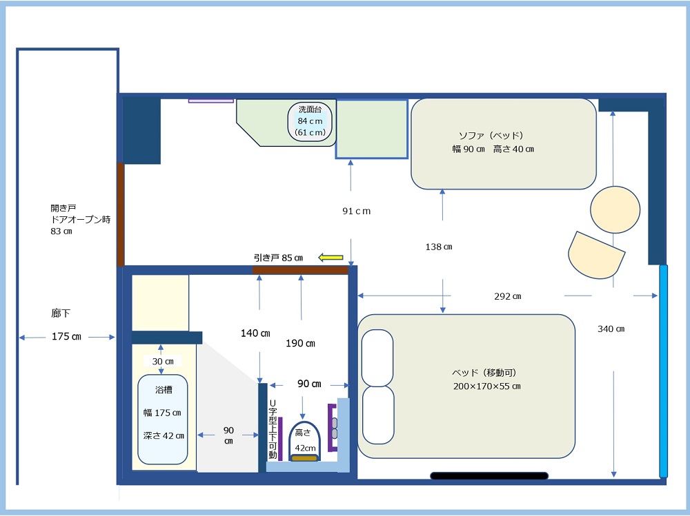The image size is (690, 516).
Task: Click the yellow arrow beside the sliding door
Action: [331, 257]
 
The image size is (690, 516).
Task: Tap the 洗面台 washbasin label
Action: [310, 109]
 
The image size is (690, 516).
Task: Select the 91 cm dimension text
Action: [357, 211]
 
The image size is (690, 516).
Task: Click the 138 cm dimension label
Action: [439, 247]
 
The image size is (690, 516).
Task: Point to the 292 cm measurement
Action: [507, 296]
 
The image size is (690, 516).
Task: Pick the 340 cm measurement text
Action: [611, 329]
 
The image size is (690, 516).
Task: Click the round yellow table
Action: [615, 209]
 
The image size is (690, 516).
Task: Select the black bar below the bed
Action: [489, 475]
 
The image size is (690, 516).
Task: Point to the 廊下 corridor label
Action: [61, 313]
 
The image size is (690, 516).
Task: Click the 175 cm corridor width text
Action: [66, 336]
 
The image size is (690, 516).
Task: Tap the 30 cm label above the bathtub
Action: [163, 361]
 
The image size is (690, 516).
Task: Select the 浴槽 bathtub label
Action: [164, 389]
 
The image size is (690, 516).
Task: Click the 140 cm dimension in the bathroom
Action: [255, 333]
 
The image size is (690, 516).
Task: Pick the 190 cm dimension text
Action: [300, 343]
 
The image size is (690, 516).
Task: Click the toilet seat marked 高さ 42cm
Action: [304, 442]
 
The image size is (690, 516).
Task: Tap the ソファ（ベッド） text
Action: [491, 136]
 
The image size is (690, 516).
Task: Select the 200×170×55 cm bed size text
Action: [486, 386]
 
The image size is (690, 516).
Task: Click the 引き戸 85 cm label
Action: [278, 258]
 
